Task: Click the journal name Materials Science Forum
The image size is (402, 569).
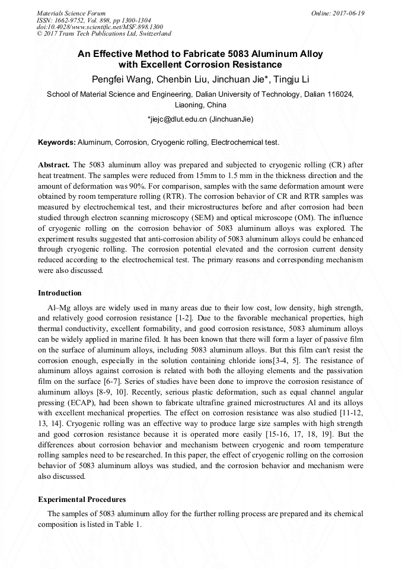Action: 71,13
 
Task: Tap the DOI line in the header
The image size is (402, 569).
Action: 100,27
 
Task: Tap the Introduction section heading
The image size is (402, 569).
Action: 59,293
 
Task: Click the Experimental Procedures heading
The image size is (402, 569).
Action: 82,500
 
